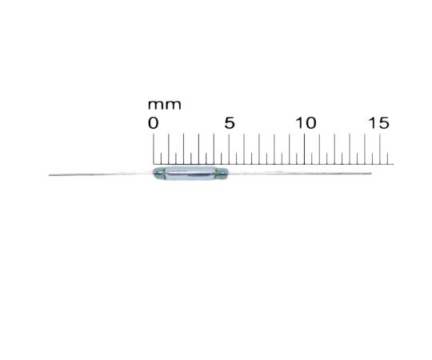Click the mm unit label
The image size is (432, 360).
165,105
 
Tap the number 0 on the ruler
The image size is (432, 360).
153,123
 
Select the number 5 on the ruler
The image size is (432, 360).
230,123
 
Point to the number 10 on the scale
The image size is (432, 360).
306,123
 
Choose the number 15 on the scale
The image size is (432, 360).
379,123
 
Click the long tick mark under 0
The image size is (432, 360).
154,149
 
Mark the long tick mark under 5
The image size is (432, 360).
229,149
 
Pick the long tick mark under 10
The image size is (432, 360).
304,149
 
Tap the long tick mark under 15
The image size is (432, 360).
380,149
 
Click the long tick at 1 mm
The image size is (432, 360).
169,149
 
